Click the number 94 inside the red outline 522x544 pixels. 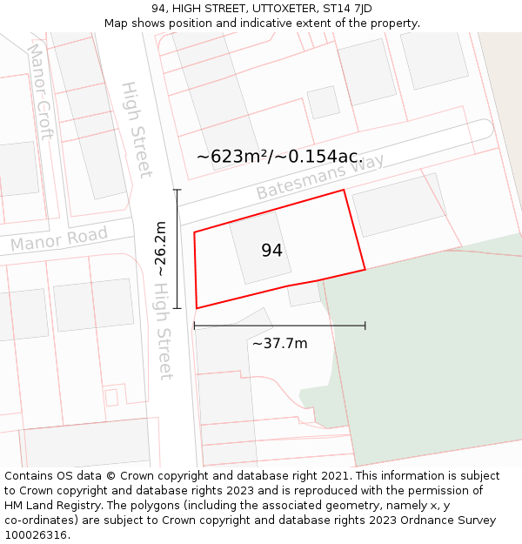(x=271, y=251)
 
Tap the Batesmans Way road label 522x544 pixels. (x=319, y=178)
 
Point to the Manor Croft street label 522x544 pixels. (x=41, y=92)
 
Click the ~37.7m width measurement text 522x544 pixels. (x=279, y=343)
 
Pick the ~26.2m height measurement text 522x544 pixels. (x=161, y=249)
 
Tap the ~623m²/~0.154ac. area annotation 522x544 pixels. (x=279, y=157)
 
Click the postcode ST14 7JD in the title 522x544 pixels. (x=347, y=9)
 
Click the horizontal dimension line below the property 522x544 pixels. (x=279, y=326)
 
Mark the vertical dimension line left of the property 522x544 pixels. (x=177, y=249)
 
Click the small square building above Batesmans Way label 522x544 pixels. (x=323, y=102)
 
